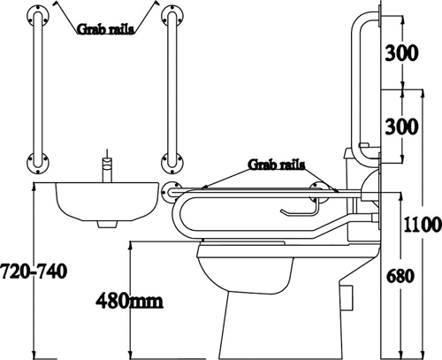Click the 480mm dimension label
[129, 301]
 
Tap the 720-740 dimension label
[34, 271]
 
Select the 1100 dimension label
[423, 225]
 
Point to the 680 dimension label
[400, 276]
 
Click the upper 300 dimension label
[402, 53]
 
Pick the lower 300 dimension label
[402, 126]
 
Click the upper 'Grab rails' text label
[105, 29]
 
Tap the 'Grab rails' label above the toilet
[277, 165]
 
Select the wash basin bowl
[107, 202]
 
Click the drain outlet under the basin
[107, 225]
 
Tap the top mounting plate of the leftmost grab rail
[38, 16]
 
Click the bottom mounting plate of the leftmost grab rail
[38, 163]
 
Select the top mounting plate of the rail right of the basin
[172, 16]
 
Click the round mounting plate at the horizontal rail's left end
[171, 192]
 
